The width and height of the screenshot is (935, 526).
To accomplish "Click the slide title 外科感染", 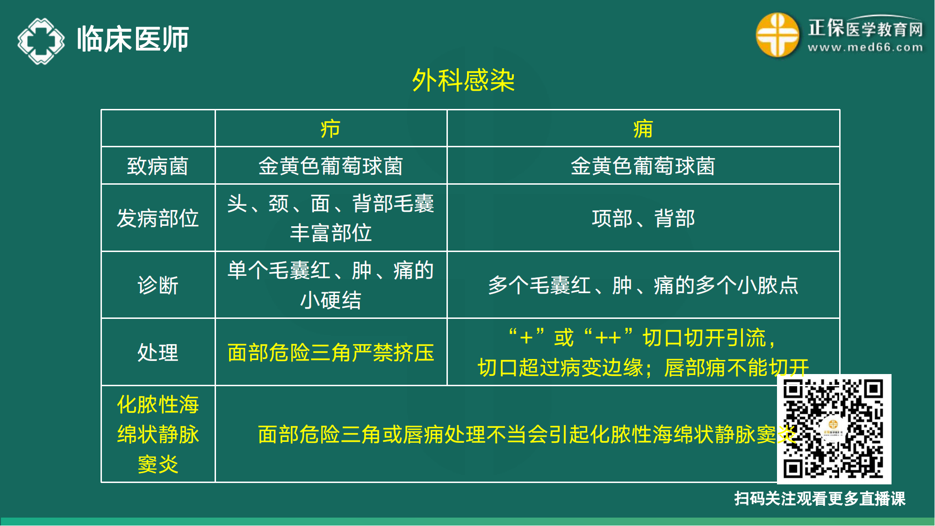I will [x=463, y=80].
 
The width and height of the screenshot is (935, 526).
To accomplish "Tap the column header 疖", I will [x=331, y=129].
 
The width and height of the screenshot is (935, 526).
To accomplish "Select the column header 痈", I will [x=643, y=129].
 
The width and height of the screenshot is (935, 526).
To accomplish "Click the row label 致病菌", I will [x=158, y=166].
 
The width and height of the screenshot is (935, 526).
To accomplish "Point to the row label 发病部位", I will [x=158, y=218].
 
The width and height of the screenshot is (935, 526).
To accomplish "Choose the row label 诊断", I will [x=158, y=285].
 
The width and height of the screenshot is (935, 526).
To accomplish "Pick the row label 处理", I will [x=158, y=353].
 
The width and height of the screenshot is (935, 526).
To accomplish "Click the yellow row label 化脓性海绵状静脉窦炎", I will [x=158, y=434].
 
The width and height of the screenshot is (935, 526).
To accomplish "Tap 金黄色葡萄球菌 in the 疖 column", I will [x=331, y=166].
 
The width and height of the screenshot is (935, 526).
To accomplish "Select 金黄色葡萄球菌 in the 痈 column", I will [x=643, y=166].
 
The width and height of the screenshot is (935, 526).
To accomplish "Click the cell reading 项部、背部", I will [x=643, y=218].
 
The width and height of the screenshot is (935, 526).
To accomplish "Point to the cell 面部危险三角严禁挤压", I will [x=331, y=353].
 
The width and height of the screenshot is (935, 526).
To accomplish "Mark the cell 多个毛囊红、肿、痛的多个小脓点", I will [x=643, y=285].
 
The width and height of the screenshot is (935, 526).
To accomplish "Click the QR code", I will [x=834, y=429].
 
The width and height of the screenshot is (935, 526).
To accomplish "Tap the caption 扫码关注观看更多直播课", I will [x=820, y=499].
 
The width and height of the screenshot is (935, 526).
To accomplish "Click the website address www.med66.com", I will [x=865, y=47].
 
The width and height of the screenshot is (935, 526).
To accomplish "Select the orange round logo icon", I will [x=777, y=35].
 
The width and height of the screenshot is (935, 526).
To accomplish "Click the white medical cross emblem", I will [x=41, y=41].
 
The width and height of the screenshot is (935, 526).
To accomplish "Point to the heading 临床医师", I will [x=133, y=39].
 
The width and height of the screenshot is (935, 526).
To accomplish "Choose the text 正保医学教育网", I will [x=865, y=28].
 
